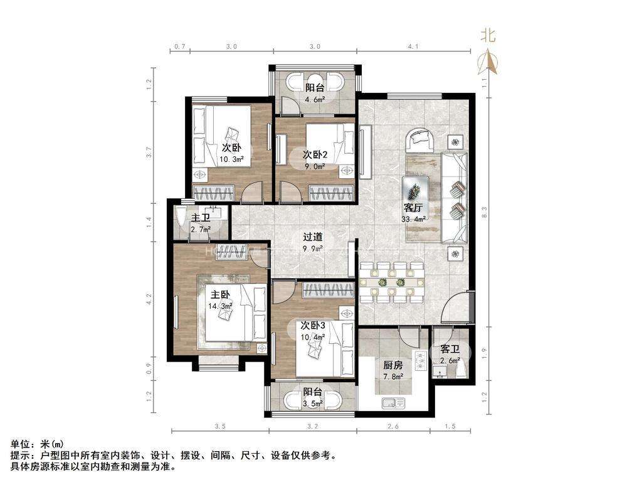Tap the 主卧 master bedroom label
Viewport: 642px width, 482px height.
[x=220, y=295]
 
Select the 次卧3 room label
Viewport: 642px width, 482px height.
[x=313, y=326]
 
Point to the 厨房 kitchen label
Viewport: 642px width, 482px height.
[x=392, y=365]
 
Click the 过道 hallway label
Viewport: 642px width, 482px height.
[x=313, y=237]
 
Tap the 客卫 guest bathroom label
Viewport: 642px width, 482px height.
[x=450, y=350]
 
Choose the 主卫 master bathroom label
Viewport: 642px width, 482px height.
[x=201, y=218]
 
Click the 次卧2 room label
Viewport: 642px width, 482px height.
[x=315, y=154]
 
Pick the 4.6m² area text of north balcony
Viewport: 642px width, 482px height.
[x=315, y=99]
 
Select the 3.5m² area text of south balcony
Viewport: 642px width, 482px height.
[x=313, y=403]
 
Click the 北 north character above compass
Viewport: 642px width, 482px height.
[x=488, y=36]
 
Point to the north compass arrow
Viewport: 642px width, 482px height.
[x=488, y=62]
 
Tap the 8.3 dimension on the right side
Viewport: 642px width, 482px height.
[x=485, y=212]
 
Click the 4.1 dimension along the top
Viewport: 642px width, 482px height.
[x=414, y=46]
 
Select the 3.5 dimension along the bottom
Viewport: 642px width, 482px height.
[x=220, y=426]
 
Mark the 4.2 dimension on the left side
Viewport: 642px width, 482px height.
[x=149, y=299]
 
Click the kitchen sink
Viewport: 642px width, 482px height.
[x=394, y=404]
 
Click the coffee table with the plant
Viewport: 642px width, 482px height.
[x=415, y=190]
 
